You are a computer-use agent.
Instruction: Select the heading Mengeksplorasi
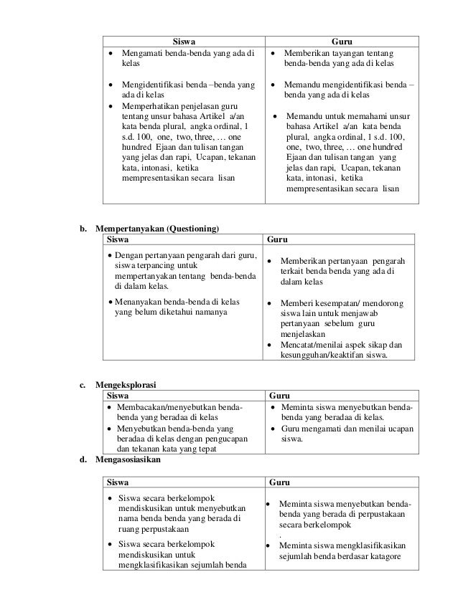127,384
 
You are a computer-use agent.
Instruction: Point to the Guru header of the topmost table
341,41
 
